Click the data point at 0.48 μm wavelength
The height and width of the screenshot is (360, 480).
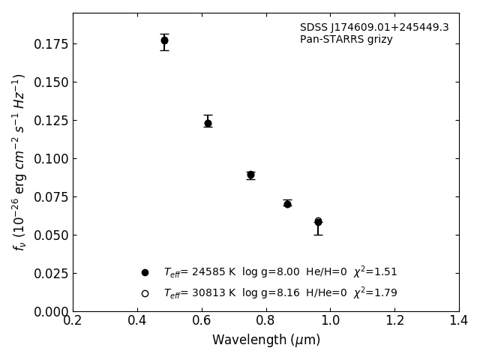pyautogui.click(x=164, y=40)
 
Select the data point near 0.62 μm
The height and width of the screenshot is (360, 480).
pyautogui.click(x=208, y=123)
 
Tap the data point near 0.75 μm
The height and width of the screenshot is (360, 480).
pyautogui.click(x=250, y=175)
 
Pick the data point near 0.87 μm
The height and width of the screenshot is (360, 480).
pyautogui.click(x=287, y=203)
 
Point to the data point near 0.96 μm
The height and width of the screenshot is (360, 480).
pyautogui.click(x=318, y=222)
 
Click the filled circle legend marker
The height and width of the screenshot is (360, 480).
pyautogui.click(x=145, y=272)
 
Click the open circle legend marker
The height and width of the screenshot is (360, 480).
pyautogui.click(x=145, y=293)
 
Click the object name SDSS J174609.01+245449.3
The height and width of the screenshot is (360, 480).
pyautogui.click(x=374, y=28)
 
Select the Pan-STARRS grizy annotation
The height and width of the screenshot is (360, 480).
pyautogui.click(x=346, y=40)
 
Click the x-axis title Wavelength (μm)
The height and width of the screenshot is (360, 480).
pyautogui.click(x=265, y=340)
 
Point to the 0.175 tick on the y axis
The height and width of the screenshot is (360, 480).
pyautogui.click(x=50, y=44)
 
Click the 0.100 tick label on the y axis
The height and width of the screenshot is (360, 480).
pyautogui.click(x=50, y=159)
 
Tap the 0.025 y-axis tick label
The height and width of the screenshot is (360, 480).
pyautogui.click(x=50, y=274)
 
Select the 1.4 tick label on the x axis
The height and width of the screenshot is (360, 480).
pyautogui.click(x=458, y=320)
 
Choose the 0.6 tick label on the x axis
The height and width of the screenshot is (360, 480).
pyautogui.click(x=201, y=320)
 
